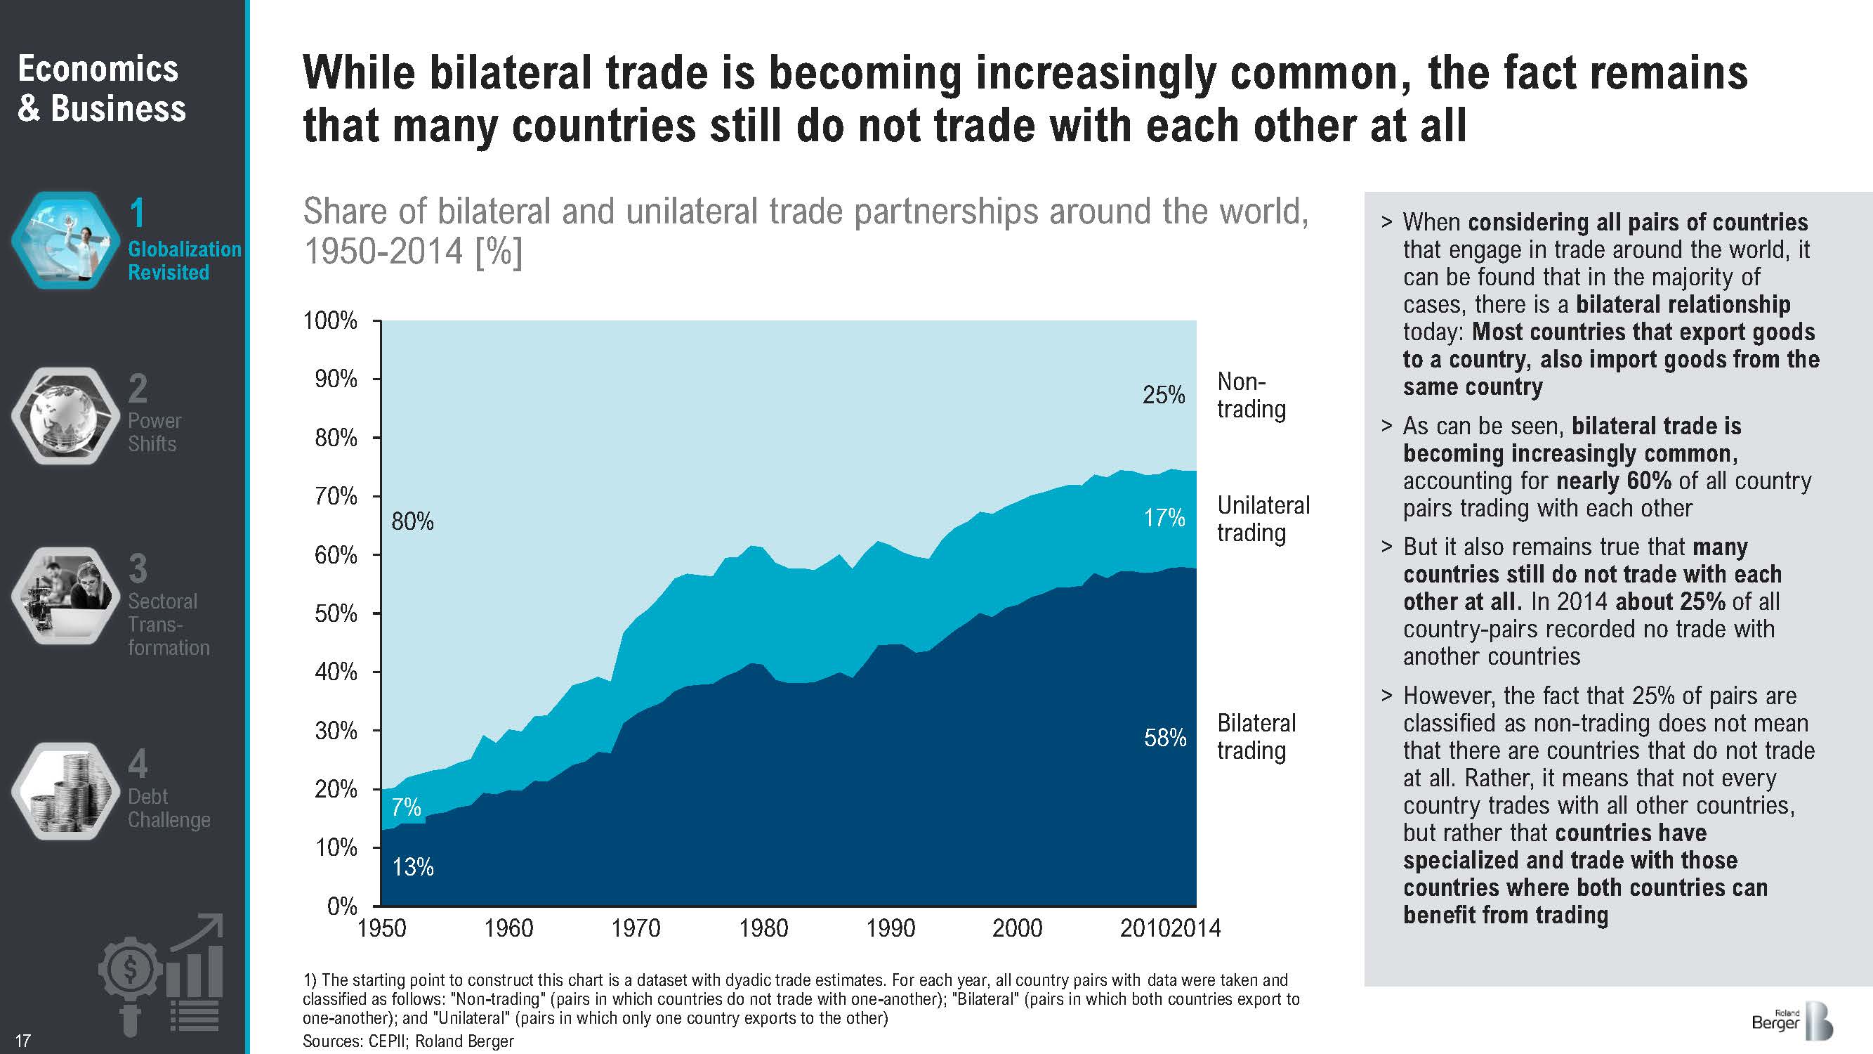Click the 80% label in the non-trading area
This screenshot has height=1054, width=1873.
click(x=412, y=521)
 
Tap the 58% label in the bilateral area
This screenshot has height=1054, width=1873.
click(x=1165, y=738)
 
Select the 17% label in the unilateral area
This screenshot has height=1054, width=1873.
click(x=1164, y=518)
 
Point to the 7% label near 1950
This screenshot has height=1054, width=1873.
click(x=406, y=807)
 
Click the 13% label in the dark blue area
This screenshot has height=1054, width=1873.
click(x=412, y=867)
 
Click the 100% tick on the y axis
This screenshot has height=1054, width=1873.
click(x=330, y=321)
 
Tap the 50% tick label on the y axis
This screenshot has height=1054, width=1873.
click(x=335, y=613)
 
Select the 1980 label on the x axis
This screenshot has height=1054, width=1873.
click(x=763, y=928)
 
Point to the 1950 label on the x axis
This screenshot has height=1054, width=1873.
click(x=383, y=928)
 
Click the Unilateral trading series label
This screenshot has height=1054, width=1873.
click(x=1263, y=519)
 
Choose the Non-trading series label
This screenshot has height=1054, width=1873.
click(x=1251, y=395)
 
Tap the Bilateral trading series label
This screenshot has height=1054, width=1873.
click(x=1256, y=736)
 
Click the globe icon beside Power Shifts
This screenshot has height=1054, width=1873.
click(x=65, y=415)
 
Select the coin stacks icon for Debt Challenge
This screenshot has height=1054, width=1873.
click(x=65, y=790)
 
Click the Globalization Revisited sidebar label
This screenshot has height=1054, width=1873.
click(x=184, y=261)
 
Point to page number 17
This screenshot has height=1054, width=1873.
click(x=22, y=1040)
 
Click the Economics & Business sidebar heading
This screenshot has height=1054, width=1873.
click(x=101, y=89)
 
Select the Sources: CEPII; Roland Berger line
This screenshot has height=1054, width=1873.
click(x=408, y=1041)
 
